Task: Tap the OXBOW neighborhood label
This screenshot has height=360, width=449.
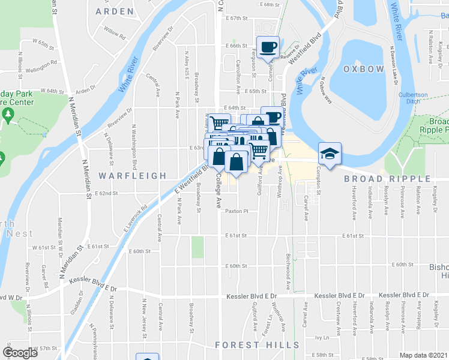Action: coord(363,70)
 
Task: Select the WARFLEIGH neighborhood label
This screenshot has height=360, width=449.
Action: coord(132,176)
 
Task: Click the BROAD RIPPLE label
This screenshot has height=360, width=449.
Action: coord(387,179)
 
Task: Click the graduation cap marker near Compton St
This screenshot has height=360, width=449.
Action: coord(330,154)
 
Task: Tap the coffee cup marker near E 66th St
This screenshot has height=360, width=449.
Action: coord(268,46)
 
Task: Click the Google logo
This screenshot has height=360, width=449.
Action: coord(21,352)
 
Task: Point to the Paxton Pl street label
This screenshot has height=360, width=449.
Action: coord(237,212)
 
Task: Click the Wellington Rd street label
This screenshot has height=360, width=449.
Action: coord(41,62)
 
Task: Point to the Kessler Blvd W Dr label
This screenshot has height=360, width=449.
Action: coord(11,297)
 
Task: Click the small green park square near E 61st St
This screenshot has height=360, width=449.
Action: coord(197,247)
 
